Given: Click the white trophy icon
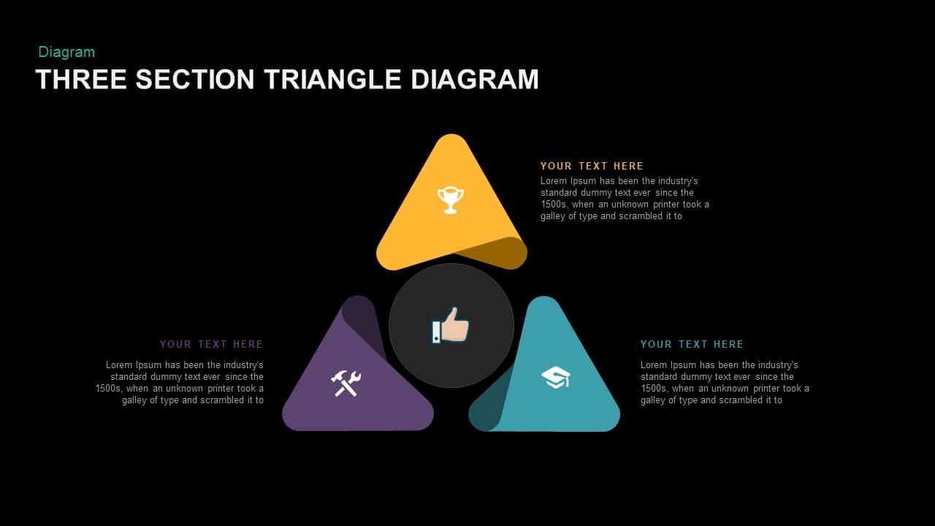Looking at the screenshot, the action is (451, 200).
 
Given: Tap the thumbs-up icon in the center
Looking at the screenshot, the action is (451, 326).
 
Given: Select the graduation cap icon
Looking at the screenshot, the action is (556, 378).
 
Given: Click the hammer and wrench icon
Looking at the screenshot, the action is (346, 384).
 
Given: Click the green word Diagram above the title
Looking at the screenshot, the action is (66, 52).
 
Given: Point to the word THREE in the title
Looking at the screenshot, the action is (81, 80).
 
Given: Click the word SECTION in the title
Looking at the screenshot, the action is (195, 80).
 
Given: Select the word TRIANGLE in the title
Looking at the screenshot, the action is (332, 80).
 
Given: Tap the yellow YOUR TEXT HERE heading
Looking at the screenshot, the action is (592, 166).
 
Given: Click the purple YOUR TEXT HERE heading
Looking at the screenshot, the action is (211, 344).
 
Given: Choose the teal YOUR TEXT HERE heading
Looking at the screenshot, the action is (692, 344).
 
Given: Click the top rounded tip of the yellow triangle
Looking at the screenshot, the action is (451, 135).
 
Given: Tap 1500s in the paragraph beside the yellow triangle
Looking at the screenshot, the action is (554, 205).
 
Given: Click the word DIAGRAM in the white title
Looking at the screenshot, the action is (475, 80).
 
